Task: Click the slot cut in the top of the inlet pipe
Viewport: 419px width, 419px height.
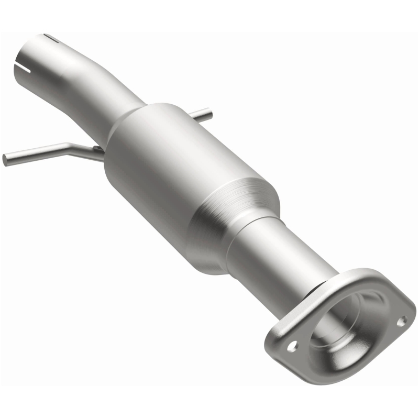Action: coord(51,37)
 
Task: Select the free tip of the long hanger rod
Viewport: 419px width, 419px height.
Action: coord(5,159)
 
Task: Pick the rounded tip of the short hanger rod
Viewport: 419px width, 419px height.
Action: coord(209,111)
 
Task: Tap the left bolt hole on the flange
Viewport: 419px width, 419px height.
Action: coord(292,345)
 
